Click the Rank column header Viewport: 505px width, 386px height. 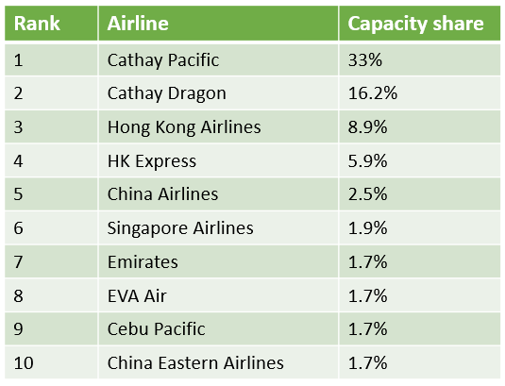coord(37,24)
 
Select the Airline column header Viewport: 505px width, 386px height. coord(138,24)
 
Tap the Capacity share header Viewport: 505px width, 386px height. coord(415,25)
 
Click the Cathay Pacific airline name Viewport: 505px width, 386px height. coord(163,60)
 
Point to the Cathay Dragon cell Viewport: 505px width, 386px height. coord(167,93)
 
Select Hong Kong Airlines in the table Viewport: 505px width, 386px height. coord(184,127)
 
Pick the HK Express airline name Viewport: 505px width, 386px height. coord(152,161)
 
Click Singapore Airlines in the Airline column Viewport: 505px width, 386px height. coord(180,228)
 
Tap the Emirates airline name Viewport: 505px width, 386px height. coord(143,261)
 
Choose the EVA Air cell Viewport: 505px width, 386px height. coord(137,295)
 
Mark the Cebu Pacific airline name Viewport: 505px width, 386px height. coord(156,329)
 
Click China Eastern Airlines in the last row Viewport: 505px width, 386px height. coord(195,362)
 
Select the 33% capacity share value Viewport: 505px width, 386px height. coord(365,60)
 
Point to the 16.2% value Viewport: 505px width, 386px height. coord(373,93)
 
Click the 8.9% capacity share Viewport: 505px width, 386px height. coord(367,127)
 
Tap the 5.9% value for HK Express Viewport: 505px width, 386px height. coord(367,161)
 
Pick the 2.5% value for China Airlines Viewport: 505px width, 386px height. coord(367,194)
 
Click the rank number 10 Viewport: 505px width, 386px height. coord(24,362)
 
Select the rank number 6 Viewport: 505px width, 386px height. coord(18,228)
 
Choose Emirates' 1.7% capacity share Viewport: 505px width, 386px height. coord(368,261)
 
